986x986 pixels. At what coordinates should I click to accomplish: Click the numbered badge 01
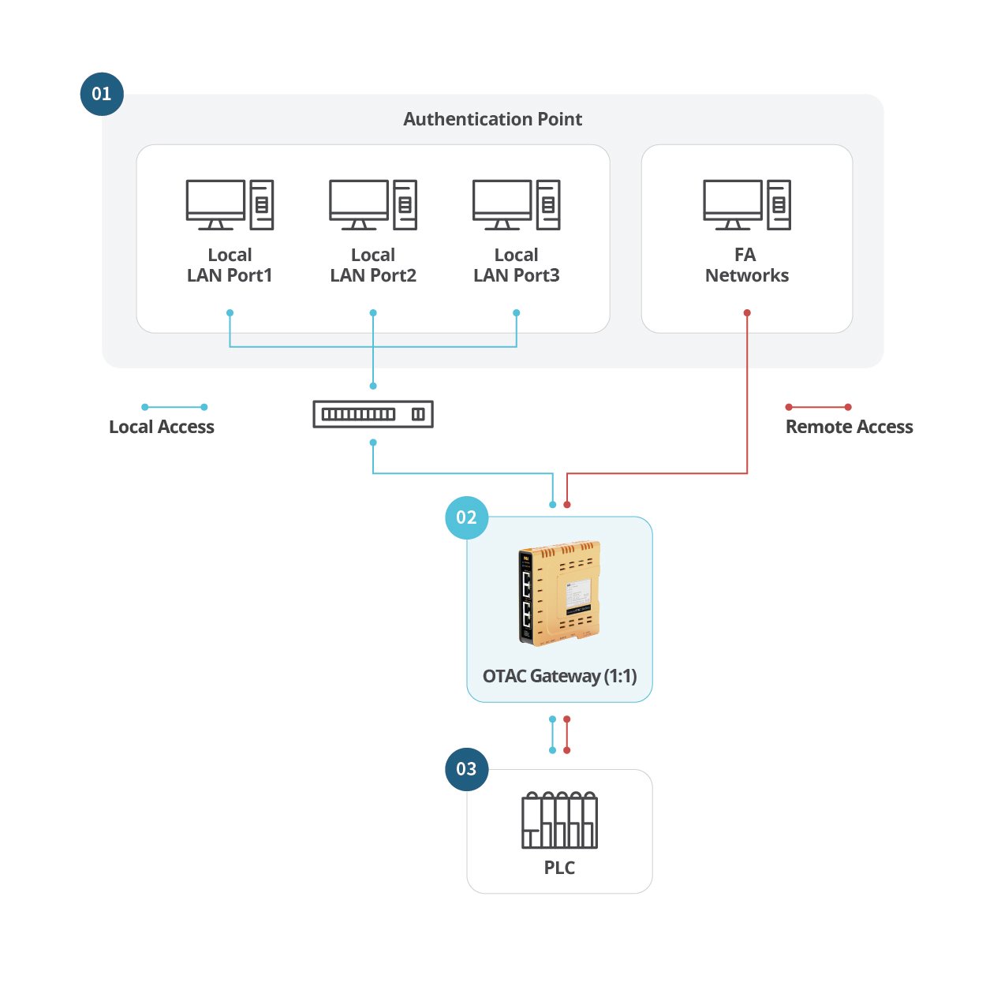102,94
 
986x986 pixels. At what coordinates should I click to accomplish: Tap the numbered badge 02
467,517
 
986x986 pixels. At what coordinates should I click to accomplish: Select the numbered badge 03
467,769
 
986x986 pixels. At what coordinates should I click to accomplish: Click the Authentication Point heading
492,119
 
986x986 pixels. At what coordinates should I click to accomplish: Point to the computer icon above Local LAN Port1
230,204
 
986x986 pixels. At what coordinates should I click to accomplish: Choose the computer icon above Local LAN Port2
373,204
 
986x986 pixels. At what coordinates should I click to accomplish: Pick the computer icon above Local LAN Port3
517,204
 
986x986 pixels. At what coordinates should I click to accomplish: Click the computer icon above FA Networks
747,204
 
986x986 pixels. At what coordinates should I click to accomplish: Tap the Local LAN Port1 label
230,265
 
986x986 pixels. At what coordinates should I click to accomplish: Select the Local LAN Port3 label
517,265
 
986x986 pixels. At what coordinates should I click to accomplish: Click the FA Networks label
747,265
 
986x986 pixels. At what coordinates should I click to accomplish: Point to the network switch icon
373,414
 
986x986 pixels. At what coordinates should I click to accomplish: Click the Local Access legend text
162,427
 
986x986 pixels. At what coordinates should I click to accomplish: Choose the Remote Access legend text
850,427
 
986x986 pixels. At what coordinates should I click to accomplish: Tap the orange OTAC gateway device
559,593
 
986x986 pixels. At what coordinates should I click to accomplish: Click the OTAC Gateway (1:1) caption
560,676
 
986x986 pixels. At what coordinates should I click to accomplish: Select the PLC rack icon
559,820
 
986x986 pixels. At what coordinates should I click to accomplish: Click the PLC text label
559,868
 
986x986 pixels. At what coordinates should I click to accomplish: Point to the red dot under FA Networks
747,312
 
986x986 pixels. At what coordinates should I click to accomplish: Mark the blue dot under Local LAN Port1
230,312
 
